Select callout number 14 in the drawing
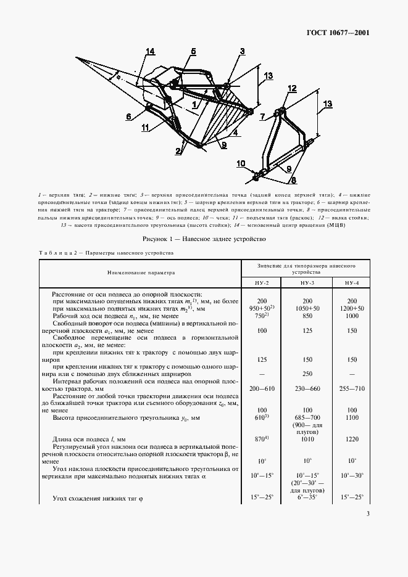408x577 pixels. pyautogui.click(x=150, y=51)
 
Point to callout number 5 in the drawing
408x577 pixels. pyautogui.click(x=193, y=51)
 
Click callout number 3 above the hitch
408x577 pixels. pyautogui.click(x=243, y=51)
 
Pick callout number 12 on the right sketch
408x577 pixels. pyautogui.click(x=292, y=89)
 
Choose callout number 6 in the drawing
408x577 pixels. pyautogui.click(x=129, y=116)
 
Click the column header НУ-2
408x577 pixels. pyautogui.click(x=260, y=282)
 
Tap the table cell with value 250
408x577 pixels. pyautogui.click(x=306, y=374)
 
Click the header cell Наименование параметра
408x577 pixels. pyautogui.click(x=140, y=271)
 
